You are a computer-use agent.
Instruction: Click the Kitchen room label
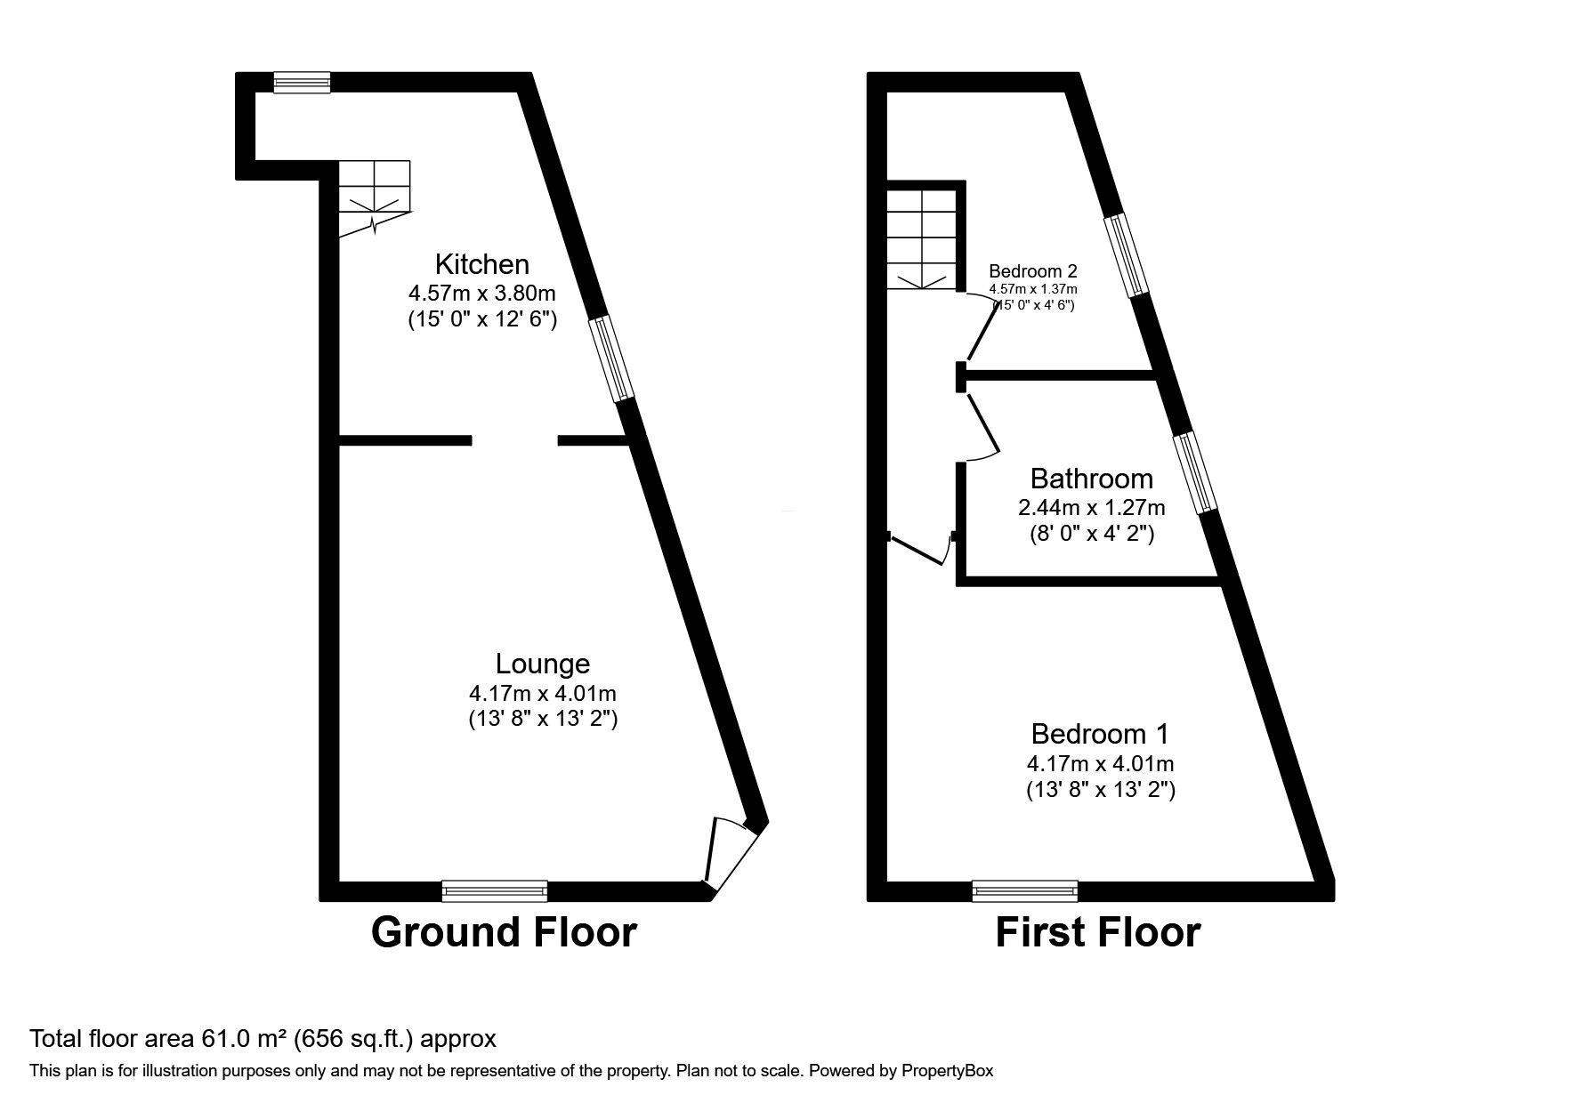pos(481,264)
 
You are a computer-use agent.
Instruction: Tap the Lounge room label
pos(542,664)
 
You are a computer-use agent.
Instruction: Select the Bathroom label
pos(1091,479)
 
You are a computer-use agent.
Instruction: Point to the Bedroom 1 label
pos(1100,734)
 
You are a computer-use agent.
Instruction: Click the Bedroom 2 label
pos(1032,271)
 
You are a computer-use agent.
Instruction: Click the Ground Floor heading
pos(504,932)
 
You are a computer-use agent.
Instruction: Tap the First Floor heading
pos(1097,932)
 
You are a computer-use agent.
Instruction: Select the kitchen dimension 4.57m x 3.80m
pos(481,293)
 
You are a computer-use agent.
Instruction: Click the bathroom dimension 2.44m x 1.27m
pos(1091,508)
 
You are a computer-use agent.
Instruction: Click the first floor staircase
pos(922,240)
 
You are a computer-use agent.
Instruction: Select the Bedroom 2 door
pos(982,327)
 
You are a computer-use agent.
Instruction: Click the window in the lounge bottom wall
pos(495,890)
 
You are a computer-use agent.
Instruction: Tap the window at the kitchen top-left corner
pos(302,83)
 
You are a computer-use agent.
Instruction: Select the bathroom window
pos(1194,473)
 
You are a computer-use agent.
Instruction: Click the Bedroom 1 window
pos(1024,890)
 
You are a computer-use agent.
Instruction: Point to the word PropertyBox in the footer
pos(945,1071)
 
